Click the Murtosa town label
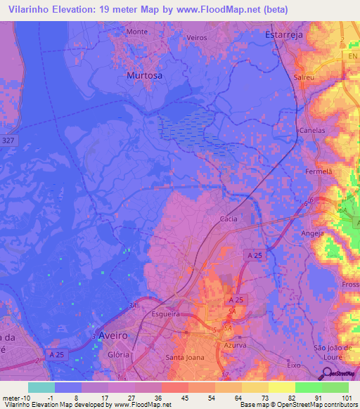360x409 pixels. (143, 74)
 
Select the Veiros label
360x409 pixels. (195, 37)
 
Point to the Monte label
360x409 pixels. (136, 32)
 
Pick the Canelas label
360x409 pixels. (313, 131)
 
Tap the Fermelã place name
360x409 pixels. (319, 171)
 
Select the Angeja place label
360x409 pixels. (312, 233)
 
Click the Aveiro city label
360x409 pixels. (113, 335)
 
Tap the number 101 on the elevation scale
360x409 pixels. (348, 398)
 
